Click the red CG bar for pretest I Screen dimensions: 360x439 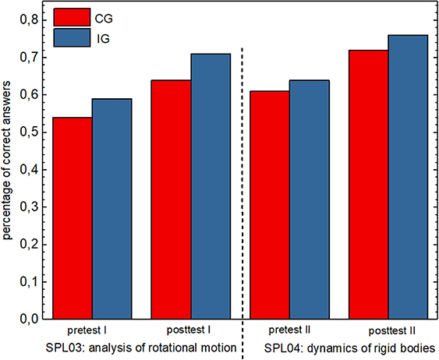(x=72, y=217)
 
